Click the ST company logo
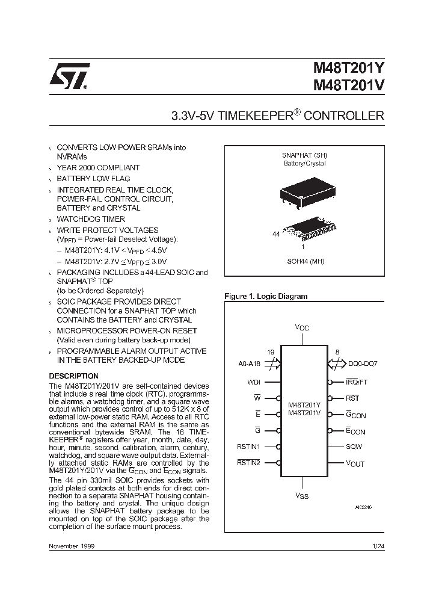coord(69,76)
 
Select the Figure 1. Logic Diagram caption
coord(265,296)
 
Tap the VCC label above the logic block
coord(302,327)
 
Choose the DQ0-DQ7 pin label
coord(362,364)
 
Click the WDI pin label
coord(253,382)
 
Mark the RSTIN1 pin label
coord(248,447)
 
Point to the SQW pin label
coord(354,447)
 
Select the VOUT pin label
coord(355,463)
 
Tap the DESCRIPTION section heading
coord(73,376)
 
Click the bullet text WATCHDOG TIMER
coord(91,219)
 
